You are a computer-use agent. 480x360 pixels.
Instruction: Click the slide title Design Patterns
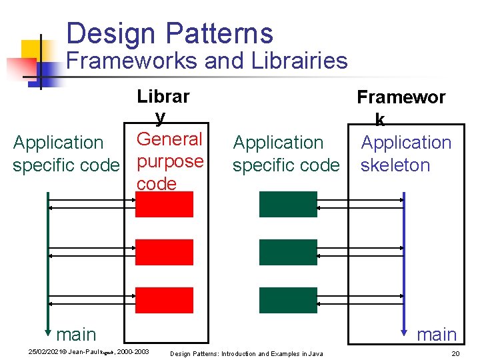[x=169, y=33]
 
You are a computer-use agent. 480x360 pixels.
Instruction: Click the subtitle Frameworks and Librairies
[x=207, y=61]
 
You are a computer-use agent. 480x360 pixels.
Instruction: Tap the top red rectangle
[x=164, y=204]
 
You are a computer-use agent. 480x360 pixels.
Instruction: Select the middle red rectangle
[x=164, y=253]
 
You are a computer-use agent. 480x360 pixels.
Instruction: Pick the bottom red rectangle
[x=164, y=301]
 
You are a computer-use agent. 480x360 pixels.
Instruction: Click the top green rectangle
[x=288, y=204]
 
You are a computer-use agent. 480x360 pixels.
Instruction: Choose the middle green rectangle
[x=288, y=253]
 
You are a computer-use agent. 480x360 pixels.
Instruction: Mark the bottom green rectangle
[x=288, y=301]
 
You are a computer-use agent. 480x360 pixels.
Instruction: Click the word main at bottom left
[x=76, y=334]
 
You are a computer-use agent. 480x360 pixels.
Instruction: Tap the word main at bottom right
[x=437, y=334]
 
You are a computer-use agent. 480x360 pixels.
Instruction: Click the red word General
[x=169, y=139]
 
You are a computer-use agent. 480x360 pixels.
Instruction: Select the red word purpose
[x=170, y=161]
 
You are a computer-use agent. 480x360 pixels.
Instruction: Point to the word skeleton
[x=395, y=165]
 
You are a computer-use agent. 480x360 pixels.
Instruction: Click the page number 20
[x=456, y=353]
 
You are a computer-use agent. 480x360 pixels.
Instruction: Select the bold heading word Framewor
[x=401, y=97]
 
